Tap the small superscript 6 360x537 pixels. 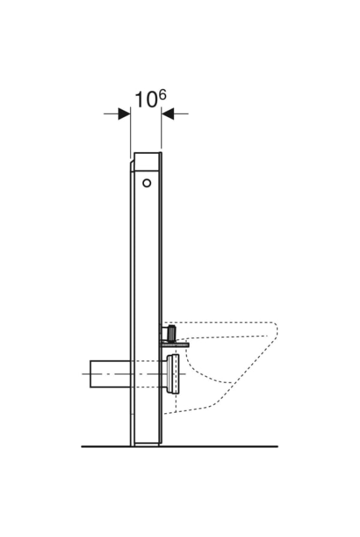162,94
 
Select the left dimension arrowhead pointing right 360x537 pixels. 124,114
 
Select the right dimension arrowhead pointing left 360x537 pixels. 168,114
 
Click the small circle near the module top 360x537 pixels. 147,183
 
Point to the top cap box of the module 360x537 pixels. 147,162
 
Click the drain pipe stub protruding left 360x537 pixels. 110,374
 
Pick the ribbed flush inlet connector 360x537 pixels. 170,333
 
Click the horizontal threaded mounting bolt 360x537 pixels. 175,344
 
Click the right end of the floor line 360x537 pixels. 278,447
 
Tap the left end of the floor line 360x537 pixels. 81,447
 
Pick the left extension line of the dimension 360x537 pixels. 130,133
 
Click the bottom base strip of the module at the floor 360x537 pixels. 147,444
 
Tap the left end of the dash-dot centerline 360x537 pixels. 82,374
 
